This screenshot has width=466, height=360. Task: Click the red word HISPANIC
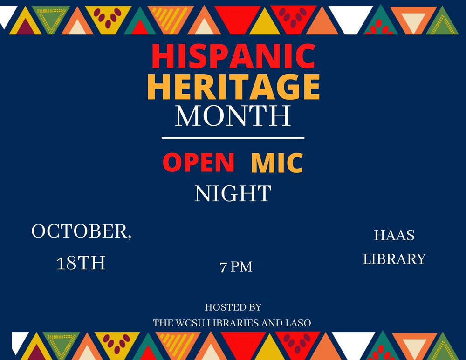pos(233,56)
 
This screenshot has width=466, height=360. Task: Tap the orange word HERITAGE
pos(233,87)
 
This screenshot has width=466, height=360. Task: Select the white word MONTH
pos(233,115)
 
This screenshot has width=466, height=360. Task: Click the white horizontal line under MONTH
pos(233,138)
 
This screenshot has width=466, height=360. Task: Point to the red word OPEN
pos(199,162)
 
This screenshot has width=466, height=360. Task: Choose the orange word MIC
pos(277,163)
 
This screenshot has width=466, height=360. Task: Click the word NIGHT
pos(233,193)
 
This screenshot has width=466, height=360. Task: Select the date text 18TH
pos(81,263)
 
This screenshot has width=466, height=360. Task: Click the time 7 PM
pos(236,266)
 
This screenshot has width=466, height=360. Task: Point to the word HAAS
pos(394,235)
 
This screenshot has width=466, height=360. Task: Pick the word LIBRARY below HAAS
pos(394,259)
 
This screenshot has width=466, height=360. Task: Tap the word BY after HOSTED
pos(254,307)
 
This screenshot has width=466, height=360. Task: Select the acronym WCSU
pos(190,323)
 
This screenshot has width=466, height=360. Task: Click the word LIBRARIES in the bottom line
pos(233,323)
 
